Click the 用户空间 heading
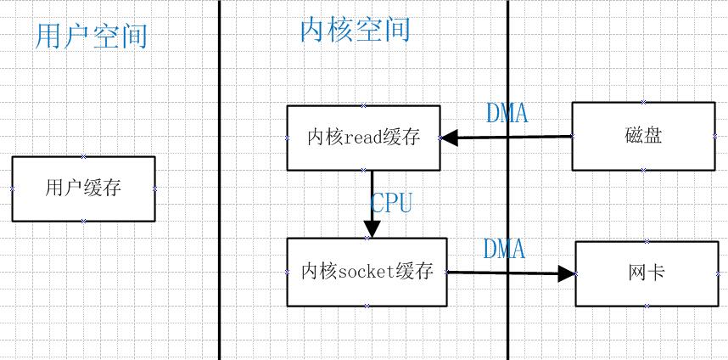(x=92, y=36)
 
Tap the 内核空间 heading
(x=355, y=29)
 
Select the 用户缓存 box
(x=83, y=188)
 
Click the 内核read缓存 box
(x=363, y=138)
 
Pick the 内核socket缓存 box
(x=367, y=272)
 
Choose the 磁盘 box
(x=642, y=136)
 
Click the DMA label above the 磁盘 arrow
(x=507, y=112)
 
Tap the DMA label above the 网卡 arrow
(x=504, y=249)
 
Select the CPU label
(x=392, y=203)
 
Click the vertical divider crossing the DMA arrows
(x=508, y=195)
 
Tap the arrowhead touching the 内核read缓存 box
(x=449, y=137)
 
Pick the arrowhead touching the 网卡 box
(x=567, y=273)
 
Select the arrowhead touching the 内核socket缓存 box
(x=372, y=229)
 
